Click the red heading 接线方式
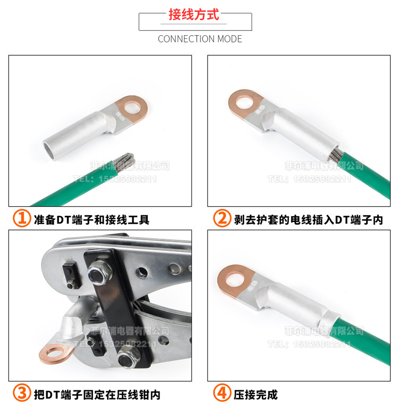[x=194, y=14]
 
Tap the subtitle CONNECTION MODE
[x=199, y=39]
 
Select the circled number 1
[x=22, y=218]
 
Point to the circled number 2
[x=222, y=218]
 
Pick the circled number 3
[x=22, y=394]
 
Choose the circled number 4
[x=222, y=394]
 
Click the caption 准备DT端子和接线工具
[x=92, y=219]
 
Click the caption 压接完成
[x=256, y=394]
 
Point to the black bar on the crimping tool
[x=114, y=314]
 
